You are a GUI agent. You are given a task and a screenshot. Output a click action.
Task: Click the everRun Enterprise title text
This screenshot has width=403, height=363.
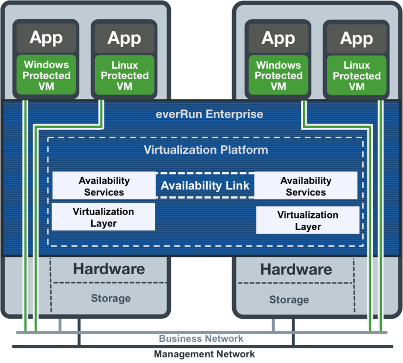pos(210,114)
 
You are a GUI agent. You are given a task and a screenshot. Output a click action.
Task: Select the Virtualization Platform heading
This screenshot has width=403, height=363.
pos(206,150)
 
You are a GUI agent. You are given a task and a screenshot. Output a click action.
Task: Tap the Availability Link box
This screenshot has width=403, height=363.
pos(205,185)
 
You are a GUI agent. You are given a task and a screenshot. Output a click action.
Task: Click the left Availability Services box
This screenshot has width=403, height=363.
pos(104,186)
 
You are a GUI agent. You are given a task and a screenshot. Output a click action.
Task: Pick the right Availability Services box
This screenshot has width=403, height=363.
pos(306,186)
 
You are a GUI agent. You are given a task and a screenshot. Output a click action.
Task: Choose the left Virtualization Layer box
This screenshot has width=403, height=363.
pos(103,217)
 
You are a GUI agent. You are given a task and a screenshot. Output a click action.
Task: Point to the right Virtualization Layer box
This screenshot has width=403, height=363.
pos(308,220)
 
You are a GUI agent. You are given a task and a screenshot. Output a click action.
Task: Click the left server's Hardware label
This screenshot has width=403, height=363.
pos(109,269)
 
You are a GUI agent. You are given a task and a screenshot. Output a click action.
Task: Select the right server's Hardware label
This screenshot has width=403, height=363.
pos(296,269)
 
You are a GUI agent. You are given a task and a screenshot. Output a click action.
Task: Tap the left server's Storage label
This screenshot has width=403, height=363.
pos(110,298)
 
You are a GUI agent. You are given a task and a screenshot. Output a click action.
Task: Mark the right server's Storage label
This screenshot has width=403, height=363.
pos(288,300)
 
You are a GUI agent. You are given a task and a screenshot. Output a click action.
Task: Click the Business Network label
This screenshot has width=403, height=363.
pos(201,339)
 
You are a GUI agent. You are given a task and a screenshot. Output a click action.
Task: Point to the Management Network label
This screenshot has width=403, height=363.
pos(204,354)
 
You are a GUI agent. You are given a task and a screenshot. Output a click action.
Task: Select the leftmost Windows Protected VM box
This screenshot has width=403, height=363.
pos(47,75)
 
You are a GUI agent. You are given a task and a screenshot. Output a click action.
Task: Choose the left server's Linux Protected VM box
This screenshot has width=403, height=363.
pos(124,76)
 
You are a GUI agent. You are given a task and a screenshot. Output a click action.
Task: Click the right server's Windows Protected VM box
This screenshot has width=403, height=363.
pos(278,76)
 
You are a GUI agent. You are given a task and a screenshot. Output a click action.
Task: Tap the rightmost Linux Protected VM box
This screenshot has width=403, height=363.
pos(356,76)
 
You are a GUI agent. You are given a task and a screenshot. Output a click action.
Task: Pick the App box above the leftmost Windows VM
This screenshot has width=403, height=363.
pos(47,38)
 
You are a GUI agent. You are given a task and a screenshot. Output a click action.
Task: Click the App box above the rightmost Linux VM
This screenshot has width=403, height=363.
pos(356,38)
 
